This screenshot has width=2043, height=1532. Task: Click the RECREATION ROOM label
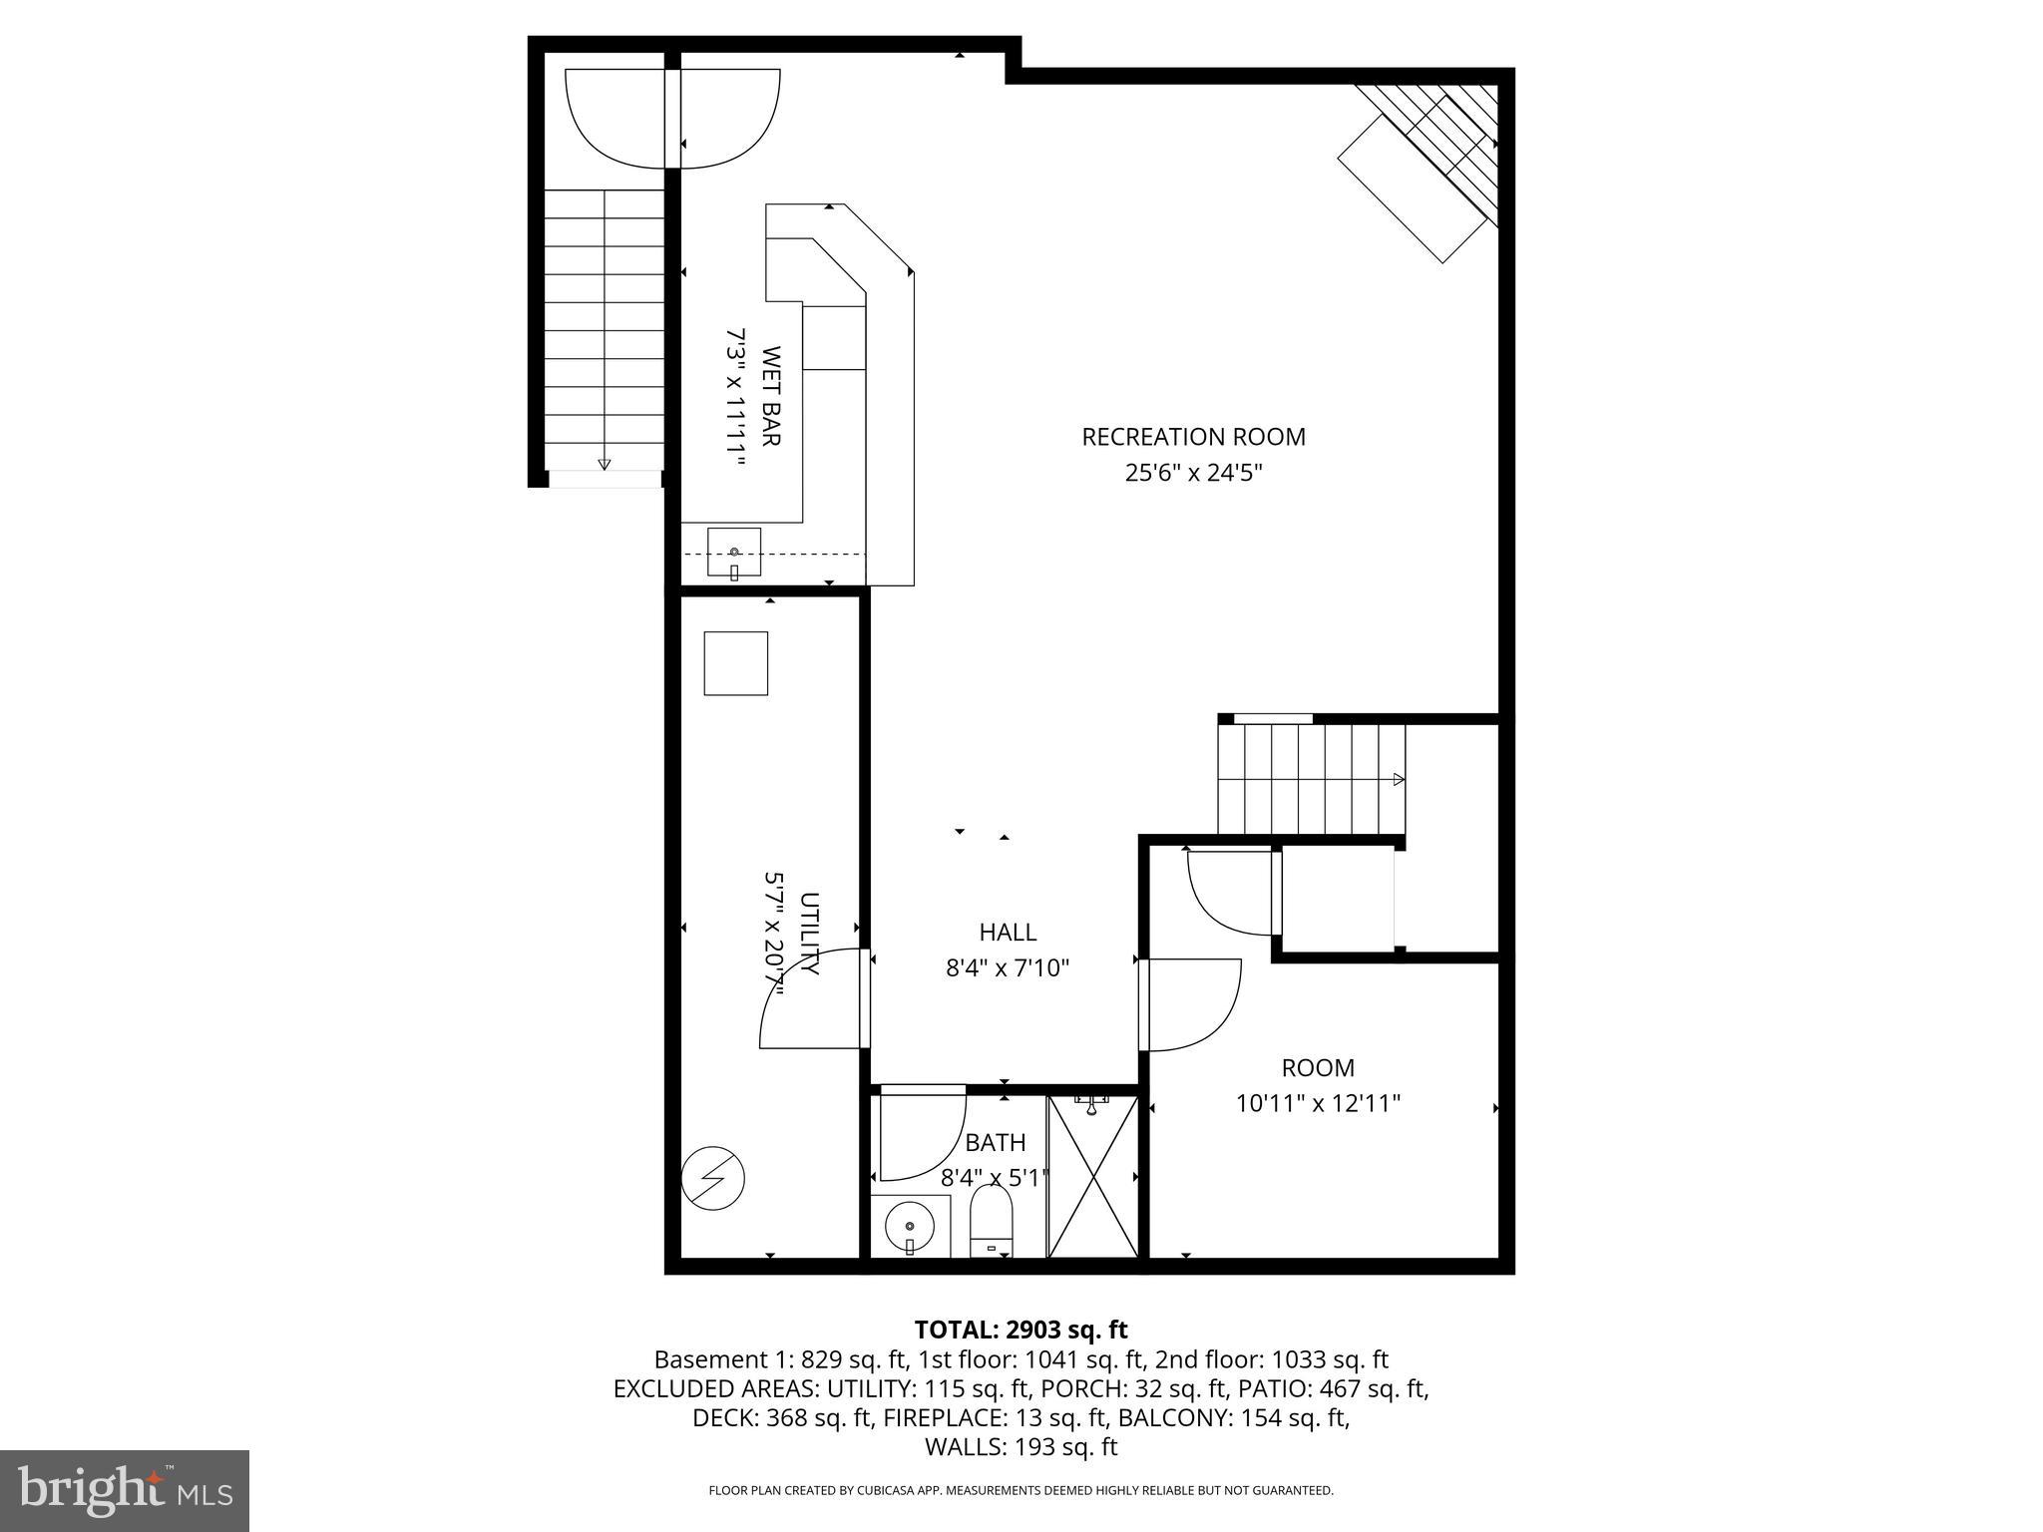[1193, 437]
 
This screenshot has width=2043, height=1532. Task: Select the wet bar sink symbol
[734, 552]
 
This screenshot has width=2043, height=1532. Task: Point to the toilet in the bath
[991, 1221]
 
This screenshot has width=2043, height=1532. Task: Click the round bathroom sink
[909, 1227]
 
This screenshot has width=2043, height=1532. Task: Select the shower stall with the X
[1093, 1178]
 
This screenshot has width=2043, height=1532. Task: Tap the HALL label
[1008, 933]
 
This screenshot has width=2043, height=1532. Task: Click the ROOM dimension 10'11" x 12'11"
[1318, 1103]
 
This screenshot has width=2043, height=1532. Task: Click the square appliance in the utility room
[735, 663]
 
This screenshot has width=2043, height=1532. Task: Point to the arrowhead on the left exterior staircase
[604, 464]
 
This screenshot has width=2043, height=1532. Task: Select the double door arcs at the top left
[671, 118]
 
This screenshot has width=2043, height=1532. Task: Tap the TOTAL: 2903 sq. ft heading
[1021, 1330]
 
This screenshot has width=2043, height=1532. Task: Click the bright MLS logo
[125, 1490]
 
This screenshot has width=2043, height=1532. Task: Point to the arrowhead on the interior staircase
[1399, 779]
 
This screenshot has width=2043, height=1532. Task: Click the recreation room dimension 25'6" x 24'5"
[1193, 473]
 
